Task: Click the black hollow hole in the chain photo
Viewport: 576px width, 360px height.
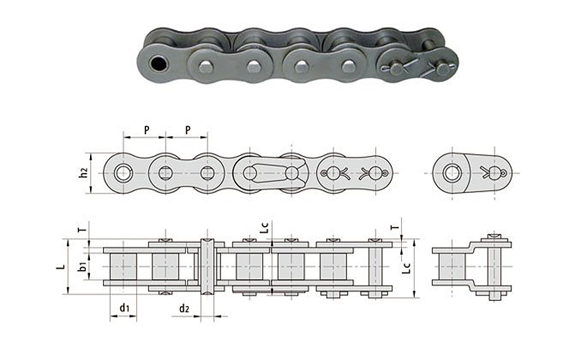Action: pos(158,64)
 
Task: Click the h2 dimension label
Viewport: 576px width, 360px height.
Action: pos(84,173)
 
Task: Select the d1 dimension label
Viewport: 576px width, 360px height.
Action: pos(125,307)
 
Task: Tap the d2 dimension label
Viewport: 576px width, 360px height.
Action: pos(184,309)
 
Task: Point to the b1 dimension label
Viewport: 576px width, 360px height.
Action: pos(83,266)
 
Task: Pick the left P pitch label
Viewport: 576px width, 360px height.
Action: pos(147,130)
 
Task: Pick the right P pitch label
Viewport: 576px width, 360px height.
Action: pos(188,130)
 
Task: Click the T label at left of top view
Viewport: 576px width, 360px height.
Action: pos(84,230)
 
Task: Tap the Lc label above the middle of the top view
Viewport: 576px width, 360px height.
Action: pos(264,228)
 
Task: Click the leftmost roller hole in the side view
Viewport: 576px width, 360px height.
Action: pos(122,173)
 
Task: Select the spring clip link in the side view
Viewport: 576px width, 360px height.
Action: pos(271,173)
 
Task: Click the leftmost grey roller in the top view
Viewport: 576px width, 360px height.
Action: pos(123,266)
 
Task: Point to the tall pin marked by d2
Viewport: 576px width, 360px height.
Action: pos(207,266)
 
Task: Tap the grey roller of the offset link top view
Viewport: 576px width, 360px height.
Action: pos(453,266)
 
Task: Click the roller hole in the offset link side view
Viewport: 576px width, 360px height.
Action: pos(451,173)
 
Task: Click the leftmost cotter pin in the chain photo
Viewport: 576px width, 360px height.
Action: pos(400,66)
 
